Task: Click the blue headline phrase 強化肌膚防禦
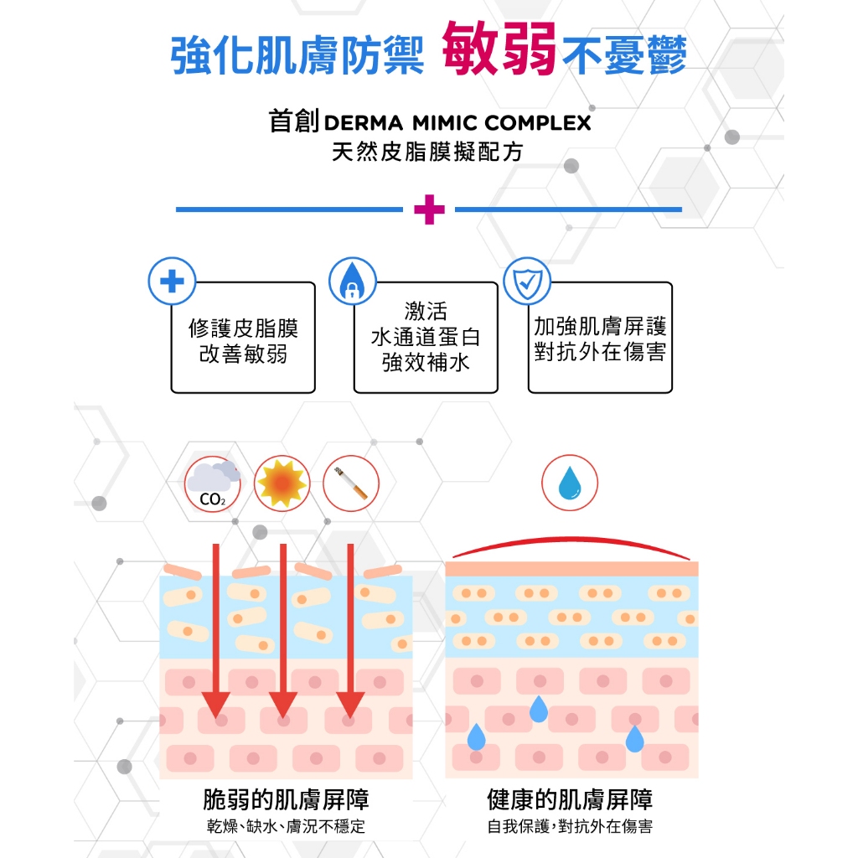pos(297,54)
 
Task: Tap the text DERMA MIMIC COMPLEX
pos(457,123)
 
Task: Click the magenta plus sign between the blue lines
pos(429,209)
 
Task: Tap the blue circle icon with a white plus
pos(171,282)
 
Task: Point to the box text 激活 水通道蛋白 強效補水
pos(426,338)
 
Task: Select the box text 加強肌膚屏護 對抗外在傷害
pos(600,339)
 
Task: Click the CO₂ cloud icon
pos(212,483)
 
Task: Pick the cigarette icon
pos(351,483)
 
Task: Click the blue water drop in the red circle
pos(570,483)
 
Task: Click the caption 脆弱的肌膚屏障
pos(286,799)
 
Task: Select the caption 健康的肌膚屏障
pos(570,799)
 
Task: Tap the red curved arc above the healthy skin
pos(570,541)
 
